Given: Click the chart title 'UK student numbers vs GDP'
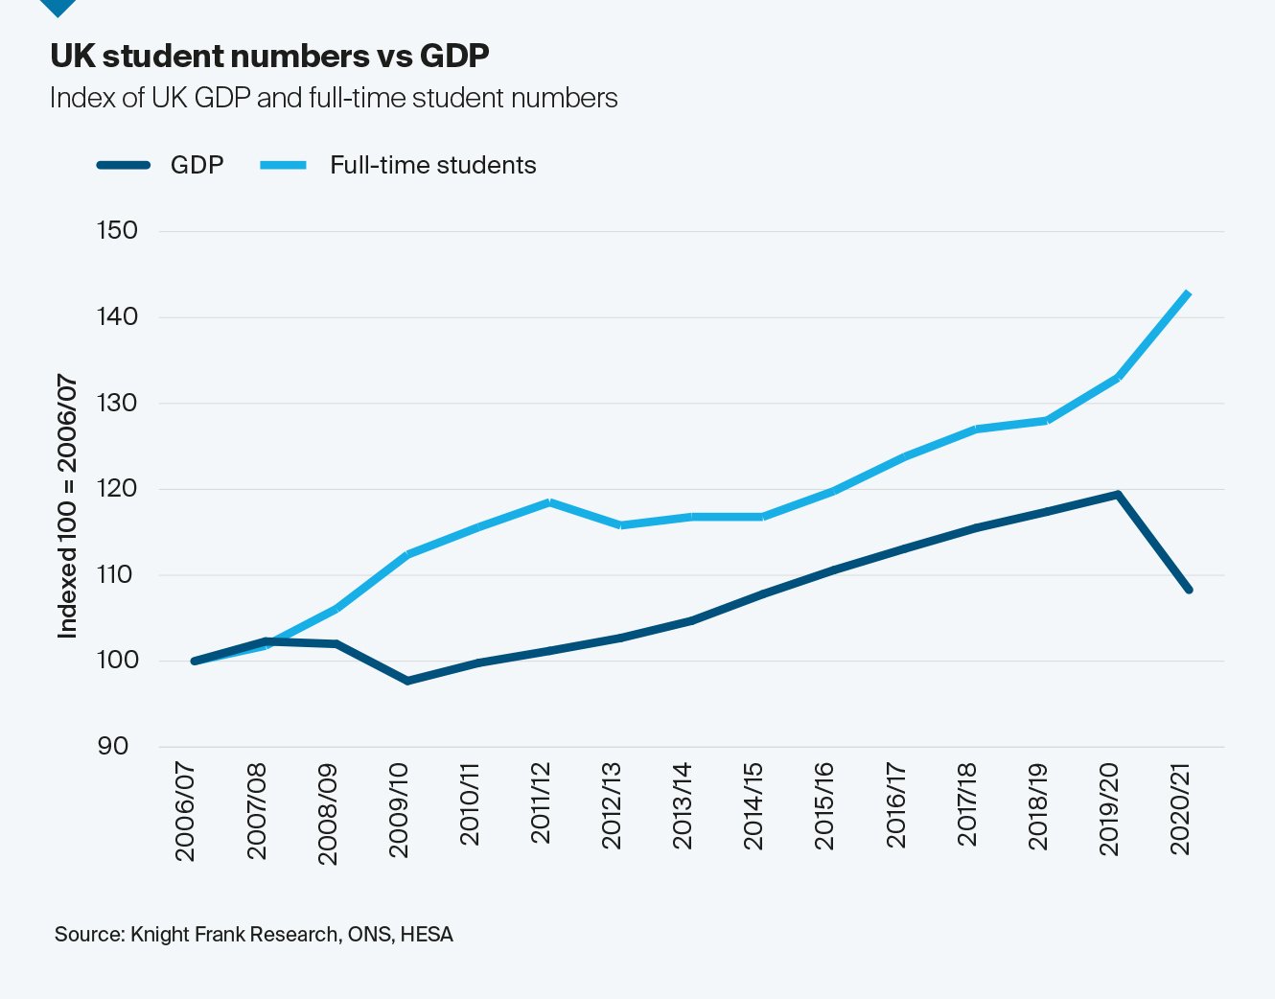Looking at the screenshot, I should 269,56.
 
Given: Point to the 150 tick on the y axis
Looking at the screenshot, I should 117,230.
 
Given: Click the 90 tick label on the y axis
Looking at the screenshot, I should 112,746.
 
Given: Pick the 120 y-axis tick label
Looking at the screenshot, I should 117,488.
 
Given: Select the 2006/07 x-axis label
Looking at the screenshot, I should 185,811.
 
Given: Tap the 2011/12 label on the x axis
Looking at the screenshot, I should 541,803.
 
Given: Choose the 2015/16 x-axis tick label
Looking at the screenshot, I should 824,806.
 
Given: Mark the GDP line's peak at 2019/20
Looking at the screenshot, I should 1118,495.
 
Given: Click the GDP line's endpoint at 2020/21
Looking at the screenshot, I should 1189,589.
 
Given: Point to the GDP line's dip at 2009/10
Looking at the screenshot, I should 407,681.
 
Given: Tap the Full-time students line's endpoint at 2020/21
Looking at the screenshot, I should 1189,293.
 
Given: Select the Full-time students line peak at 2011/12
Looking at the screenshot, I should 549,502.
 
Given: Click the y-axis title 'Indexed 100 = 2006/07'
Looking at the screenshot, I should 67,506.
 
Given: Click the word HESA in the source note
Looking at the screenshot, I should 427,934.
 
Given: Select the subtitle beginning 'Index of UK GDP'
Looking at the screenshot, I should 334,98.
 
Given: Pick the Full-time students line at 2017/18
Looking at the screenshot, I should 976,429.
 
